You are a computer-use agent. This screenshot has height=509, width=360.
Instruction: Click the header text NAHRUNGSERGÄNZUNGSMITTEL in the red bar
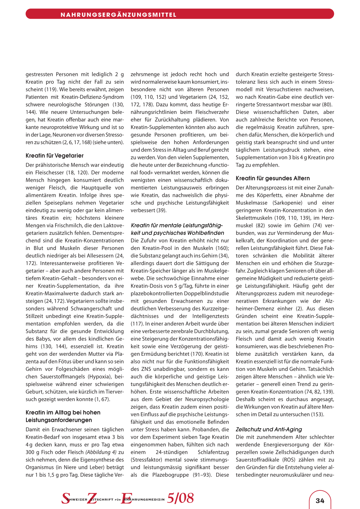(x=118, y=15)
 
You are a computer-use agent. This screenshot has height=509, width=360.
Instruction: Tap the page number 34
(x=320, y=501)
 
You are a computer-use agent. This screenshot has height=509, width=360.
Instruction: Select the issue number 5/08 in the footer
(x=180, y=498)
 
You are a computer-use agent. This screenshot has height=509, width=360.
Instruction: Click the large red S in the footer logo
(x=66, y=498)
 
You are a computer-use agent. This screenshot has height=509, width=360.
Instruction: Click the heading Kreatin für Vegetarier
(x=54, y=155)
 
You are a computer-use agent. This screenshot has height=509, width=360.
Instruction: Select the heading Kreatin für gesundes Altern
(x=273, y=178)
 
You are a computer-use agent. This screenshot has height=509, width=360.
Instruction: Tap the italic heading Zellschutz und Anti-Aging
(x=269, y=429)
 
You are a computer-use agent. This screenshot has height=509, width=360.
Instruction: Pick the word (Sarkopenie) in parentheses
(x=287, y=202)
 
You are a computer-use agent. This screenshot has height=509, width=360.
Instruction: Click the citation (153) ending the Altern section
(x=317, y=414)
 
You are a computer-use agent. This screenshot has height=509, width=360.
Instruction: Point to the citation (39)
(x=161, y=210)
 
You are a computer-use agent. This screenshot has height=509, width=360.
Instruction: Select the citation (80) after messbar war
(x=327, y=104)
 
